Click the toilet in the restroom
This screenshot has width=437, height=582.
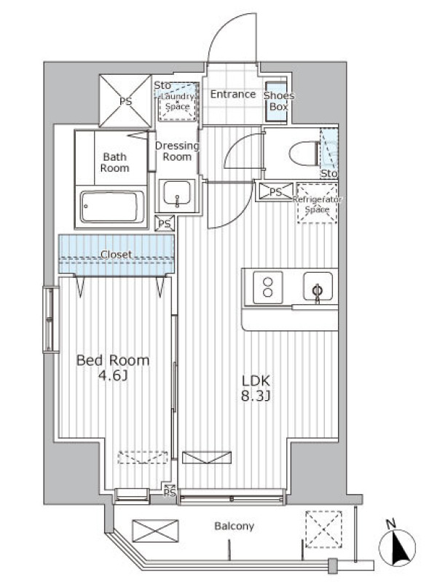coord(304,153)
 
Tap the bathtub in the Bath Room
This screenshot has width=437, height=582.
coord(112,207)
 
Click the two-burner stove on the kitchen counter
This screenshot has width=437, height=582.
coord(267,287)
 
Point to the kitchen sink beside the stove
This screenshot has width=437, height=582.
coord(318,287)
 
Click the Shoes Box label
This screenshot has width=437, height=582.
coord(279,101)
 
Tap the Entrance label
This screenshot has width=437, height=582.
coord(233,95)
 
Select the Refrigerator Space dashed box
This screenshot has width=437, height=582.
coord(317,203)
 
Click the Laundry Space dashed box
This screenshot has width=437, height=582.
coord(178,101)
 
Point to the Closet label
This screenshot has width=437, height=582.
coord(117,255)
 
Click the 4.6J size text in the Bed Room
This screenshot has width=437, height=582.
coord(113,376)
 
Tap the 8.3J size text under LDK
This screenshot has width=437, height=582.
coord(256,396)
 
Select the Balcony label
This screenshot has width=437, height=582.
coord(234,526)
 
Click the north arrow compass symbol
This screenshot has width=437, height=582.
coord(397,546)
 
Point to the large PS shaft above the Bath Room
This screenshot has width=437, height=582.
coord(125,101)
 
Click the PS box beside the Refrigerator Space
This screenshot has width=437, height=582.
coord(275,192)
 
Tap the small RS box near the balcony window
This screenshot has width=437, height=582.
coord(170,490)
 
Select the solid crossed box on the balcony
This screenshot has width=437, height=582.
coord(155,531)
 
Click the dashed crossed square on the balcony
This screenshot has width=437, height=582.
coord(323,530)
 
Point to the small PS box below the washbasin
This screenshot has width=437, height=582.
coord(165,223)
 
